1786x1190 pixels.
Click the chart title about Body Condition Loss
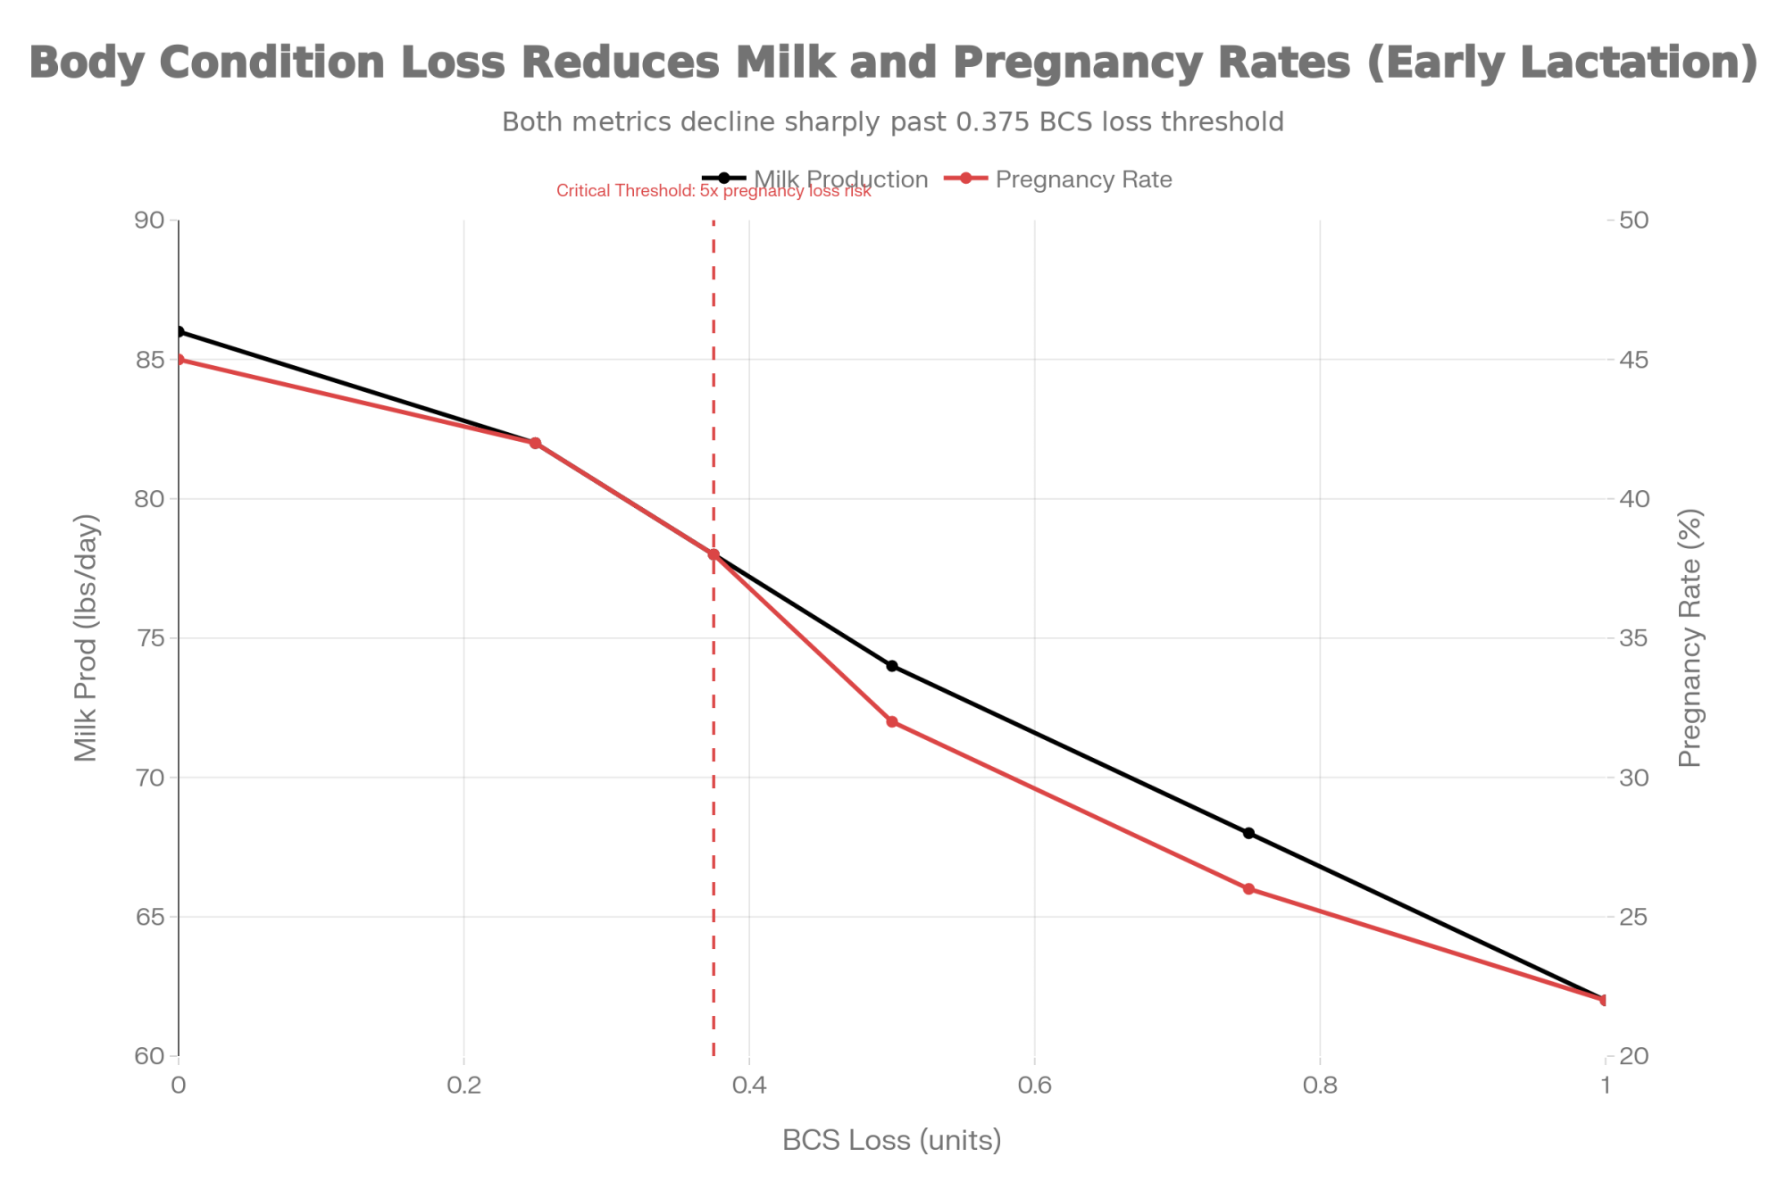(893, 63)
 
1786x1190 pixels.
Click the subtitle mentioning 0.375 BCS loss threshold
(893, 121)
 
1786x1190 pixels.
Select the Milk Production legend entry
(840, 179)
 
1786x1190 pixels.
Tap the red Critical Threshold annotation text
(714, 190)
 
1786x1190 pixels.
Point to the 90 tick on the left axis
(154, 221)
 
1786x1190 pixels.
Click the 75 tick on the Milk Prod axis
(154, 638)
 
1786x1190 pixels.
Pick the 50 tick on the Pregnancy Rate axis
(1632, 221)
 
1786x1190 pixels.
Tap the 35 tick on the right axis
(1632, 638)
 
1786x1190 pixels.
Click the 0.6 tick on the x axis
(1034, 1086)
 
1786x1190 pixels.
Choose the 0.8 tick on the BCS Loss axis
(1320, 1086)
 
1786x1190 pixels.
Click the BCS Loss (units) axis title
(892, 1141)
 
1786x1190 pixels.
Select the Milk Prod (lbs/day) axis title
(87, 637)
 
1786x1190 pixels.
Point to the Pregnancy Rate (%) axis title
(1690, 637)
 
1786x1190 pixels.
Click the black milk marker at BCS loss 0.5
(892, 666)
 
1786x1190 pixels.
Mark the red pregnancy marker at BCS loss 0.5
(892, 721)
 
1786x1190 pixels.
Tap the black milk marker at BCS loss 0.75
(1248, 833)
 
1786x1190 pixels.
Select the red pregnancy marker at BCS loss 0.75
(1248, 889)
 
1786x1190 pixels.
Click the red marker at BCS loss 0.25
(536, 443)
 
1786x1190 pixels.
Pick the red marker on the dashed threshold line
(714, 554)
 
